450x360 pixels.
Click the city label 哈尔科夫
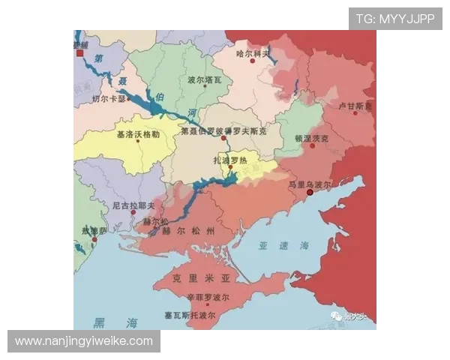click(x=253, y=53)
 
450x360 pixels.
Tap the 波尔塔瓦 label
click(x=205, y=79)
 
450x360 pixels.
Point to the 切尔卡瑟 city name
click(x=109, y=98)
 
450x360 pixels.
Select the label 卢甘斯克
click(x=355, y=106)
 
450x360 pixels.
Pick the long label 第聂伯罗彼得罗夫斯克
click(x=229, y=130)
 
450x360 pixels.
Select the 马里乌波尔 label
click(x=310, y=183)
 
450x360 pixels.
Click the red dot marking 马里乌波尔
click(x=310, y=193)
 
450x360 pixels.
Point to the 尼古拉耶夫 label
click(x=133, y=204)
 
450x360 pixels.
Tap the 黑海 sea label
click(x=115, y=323)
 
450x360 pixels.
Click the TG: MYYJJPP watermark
click(x=394, y=19)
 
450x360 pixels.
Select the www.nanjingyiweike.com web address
click(x=84, y=341)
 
